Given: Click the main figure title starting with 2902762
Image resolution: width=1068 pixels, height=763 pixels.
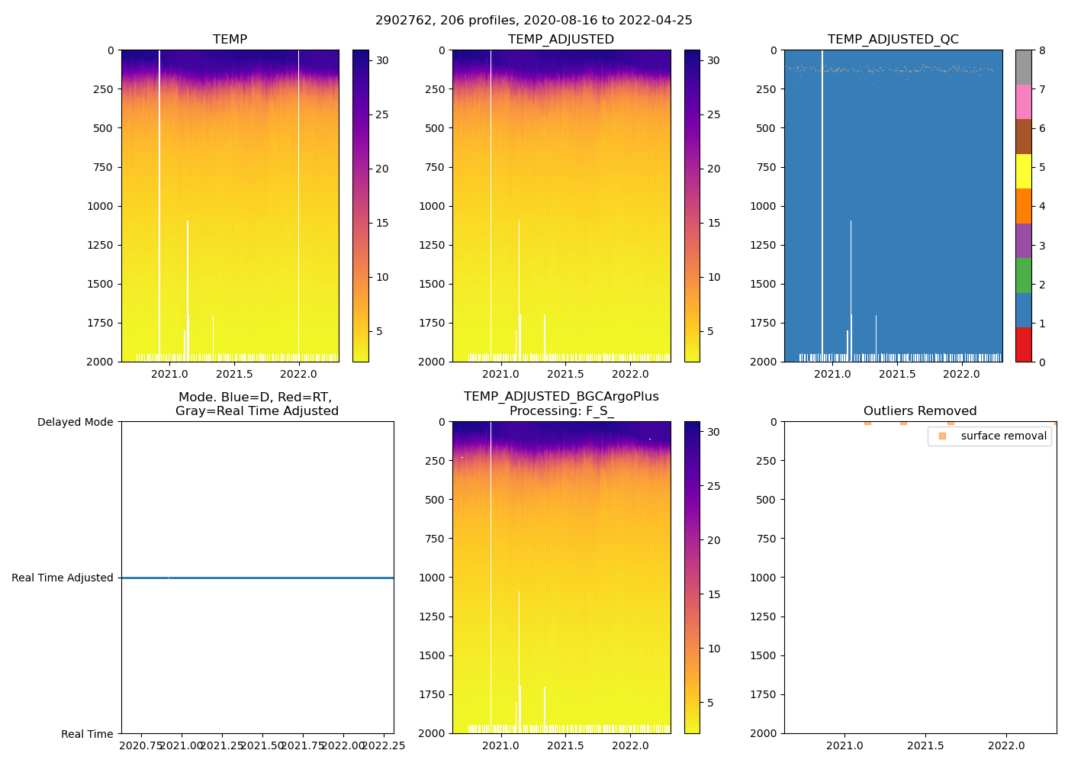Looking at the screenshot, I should click(533, 21).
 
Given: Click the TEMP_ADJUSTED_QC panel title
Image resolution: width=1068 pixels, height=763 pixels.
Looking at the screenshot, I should click(893, 40).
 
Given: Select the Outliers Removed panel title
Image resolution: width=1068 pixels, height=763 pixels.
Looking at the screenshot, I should click(919, 411).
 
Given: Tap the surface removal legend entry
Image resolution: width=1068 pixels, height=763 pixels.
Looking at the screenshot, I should click(1003, 436).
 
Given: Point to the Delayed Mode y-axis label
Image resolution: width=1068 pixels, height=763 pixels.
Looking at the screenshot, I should click(75, 423).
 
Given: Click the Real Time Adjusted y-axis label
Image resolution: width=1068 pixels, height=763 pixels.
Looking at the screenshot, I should click(63, 578).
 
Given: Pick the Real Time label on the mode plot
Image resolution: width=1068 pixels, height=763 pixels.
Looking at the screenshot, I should click(87, 734).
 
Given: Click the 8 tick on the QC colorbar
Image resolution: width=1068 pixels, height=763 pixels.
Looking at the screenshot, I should click(1042, 51).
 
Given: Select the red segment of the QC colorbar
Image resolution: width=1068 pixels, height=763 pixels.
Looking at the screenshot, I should click(1023, 345).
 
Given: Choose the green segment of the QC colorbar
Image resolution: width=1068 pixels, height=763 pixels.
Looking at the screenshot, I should click(1023, 275).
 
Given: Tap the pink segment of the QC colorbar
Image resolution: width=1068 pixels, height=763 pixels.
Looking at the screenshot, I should click(1023, 102).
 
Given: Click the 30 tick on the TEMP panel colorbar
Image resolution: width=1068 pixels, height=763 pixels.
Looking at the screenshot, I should click(382, 61).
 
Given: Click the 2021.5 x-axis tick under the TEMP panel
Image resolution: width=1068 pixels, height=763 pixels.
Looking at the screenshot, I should click(234, 374).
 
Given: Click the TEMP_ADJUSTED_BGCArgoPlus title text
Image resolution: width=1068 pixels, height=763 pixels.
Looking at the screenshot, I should click(561, 397).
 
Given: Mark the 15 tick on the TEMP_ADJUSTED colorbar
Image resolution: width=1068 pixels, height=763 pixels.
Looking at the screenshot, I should click(713, 224).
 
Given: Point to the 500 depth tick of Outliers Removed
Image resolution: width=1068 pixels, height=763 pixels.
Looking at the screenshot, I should click(766, 500).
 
